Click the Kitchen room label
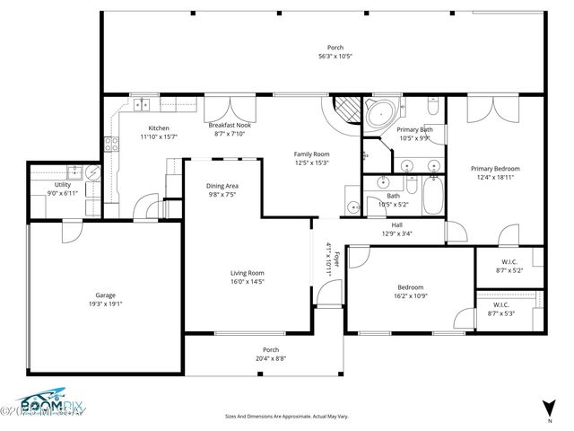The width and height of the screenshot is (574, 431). (159, 128)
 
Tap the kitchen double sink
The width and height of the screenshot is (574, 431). (143, 104)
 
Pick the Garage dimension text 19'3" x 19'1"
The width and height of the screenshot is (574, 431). (106, 303)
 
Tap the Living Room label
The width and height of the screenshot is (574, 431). (248, 272)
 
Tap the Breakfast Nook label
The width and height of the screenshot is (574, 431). (228, 125)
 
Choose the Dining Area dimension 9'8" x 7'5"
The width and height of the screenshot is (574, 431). (222, 194)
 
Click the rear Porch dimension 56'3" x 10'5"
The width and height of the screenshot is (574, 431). (335, 57)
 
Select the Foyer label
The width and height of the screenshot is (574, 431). (337, 260)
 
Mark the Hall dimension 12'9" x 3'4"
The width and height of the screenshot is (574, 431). (396, 233)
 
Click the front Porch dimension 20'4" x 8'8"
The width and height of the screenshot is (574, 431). (270, 358)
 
